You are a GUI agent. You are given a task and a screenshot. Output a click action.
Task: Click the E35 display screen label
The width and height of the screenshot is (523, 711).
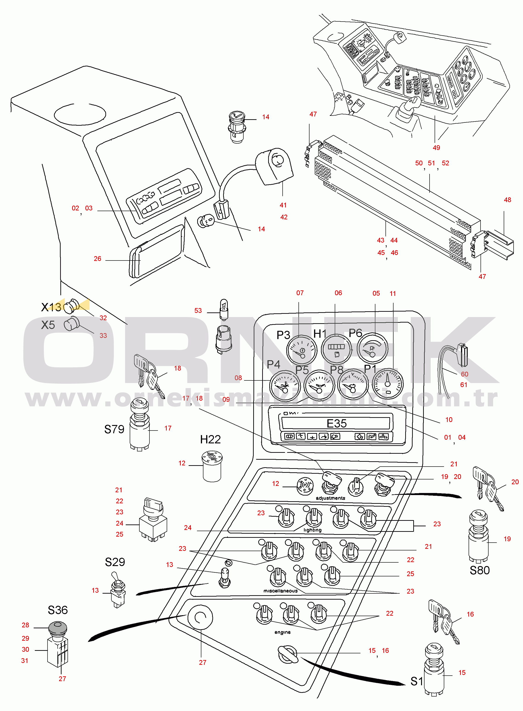(337, 423)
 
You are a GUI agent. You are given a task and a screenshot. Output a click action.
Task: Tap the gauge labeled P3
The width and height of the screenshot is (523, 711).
(301, 350)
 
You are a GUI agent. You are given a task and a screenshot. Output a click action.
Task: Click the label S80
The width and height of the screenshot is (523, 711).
(479, 570)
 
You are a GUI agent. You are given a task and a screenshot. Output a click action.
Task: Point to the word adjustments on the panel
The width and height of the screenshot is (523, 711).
(330, 498)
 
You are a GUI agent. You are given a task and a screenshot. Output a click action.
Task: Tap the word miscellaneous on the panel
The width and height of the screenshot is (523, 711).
(280, 591)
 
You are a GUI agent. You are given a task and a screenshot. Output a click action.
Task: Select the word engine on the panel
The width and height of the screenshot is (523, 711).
(282, 632)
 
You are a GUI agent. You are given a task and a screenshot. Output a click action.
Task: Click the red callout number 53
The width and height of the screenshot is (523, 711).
(198, 311)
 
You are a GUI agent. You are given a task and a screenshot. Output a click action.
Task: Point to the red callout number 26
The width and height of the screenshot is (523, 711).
(98, 259)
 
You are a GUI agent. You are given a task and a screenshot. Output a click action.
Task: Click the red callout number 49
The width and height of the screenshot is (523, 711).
(436, 147)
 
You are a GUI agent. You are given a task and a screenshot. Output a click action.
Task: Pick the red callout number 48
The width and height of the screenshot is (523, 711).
(507, 200)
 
